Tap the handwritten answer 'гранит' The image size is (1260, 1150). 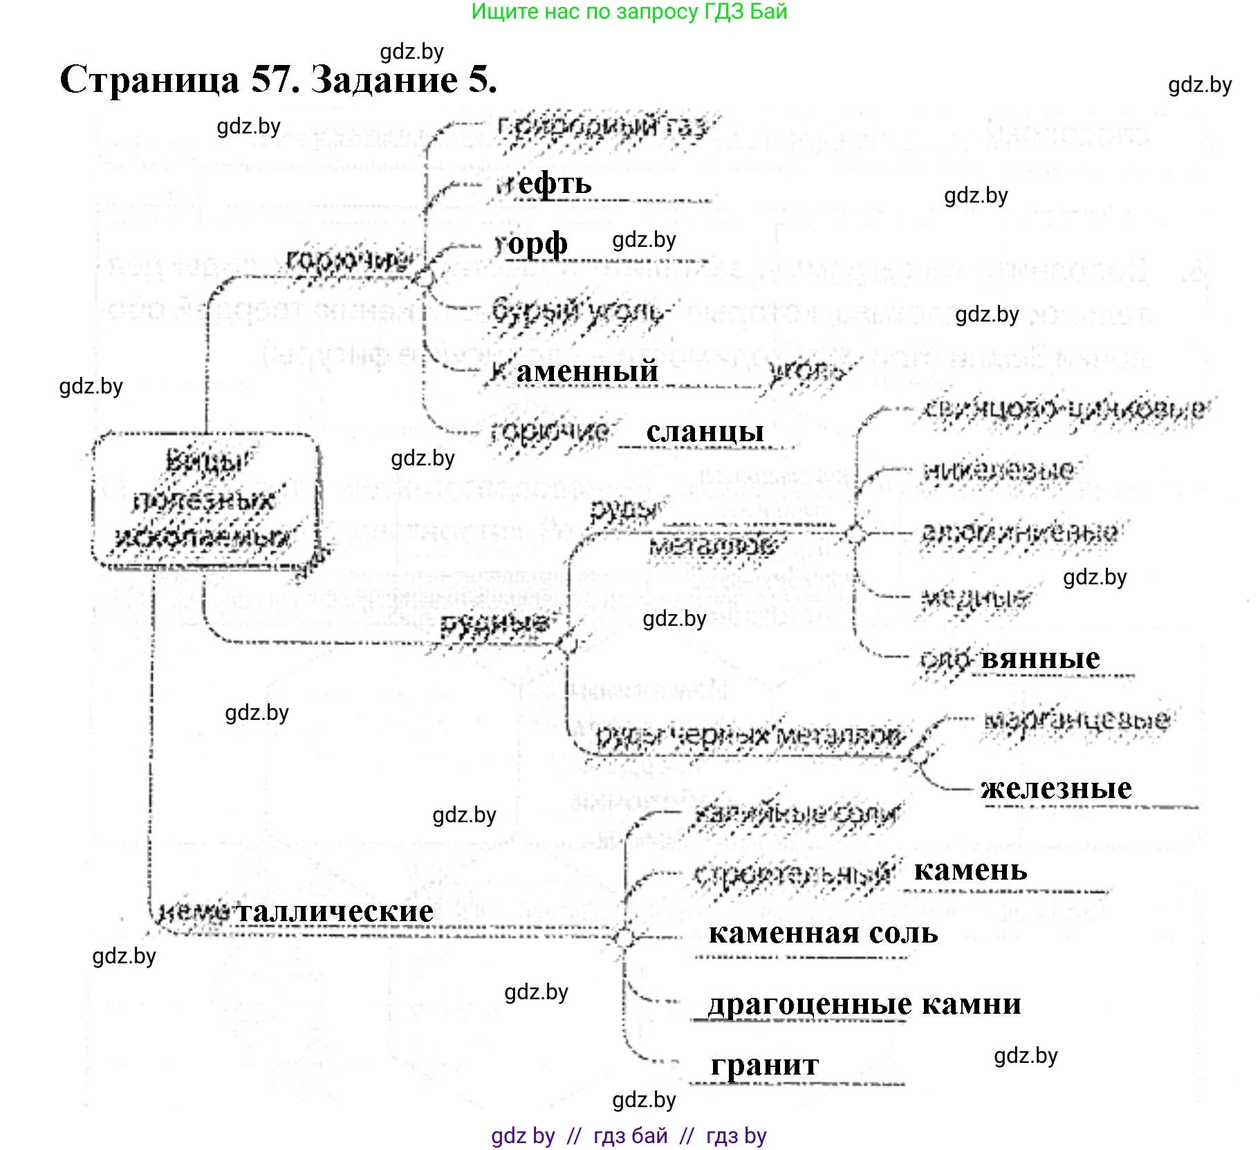click(x=764, y=1064)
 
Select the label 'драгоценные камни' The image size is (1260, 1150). click(x=864, y=1004)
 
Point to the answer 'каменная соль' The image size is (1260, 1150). click(x=823, y=934)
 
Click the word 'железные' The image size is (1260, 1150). click(x=1056, y=788)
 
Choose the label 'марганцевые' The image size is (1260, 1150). click(x=1077, y=721)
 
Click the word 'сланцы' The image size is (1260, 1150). click(x=705, y=432)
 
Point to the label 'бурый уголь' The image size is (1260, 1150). click(x=577, y=311)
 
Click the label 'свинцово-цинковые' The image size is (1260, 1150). click(x=1064, y=409)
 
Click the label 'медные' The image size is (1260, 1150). click(x=975, y=596)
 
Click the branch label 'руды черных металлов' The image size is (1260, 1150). click(x=750, y=736)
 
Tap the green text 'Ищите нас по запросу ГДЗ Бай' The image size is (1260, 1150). click(x=629, y=12)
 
